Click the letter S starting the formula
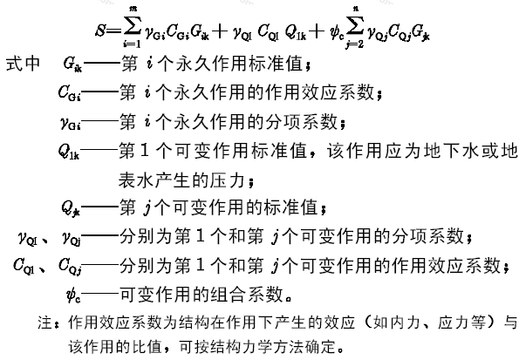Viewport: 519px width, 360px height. (x=100, y=31)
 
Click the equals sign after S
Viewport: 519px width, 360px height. (x=114, y=31)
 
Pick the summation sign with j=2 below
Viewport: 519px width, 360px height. (x=356, y=28)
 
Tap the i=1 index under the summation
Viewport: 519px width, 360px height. (x=133, y=44)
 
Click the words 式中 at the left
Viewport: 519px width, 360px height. (x=23, y=64)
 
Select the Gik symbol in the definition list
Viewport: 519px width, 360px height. (x=72, y=64)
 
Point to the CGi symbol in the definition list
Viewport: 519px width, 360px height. (x=69, y=93)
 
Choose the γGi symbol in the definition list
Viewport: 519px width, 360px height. (x=71, y=123)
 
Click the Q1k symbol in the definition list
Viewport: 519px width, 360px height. (x=69, y=152)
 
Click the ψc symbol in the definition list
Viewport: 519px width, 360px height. (x=73, y=295)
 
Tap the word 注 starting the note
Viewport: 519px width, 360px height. (x=45, y=323)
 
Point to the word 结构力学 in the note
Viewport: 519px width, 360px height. (x=240, y=347)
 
